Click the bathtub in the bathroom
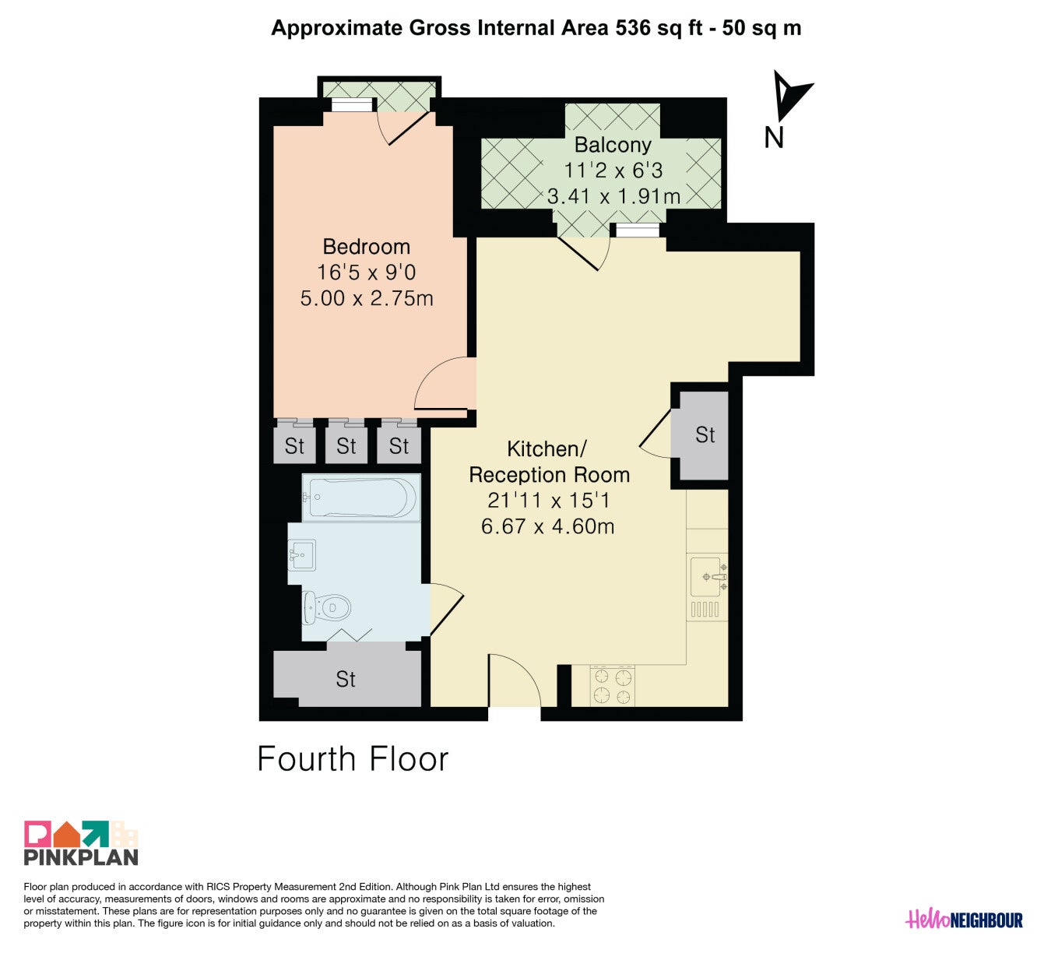(x=361, y=498)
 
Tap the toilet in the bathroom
(x=326, y=608)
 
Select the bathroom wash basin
(x=302, y=555)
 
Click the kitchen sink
(x=708, y=577)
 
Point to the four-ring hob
(x=613, y=686)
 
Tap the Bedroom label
(x=366, y=246)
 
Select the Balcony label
(x=613, y=145)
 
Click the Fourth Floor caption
(x=353, y=758)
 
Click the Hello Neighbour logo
(x=964, y=920)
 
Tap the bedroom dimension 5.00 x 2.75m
(x=367, y=298)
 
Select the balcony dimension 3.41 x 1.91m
(x=613, y=196)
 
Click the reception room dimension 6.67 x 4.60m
(x=547, y=526)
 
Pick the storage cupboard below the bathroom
(x=347, y=675)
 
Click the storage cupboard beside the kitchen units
(x=704, y=435)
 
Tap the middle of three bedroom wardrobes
(x=346, y=445)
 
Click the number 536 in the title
(x=632, y=28)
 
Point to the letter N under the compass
(x=774, y=138)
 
